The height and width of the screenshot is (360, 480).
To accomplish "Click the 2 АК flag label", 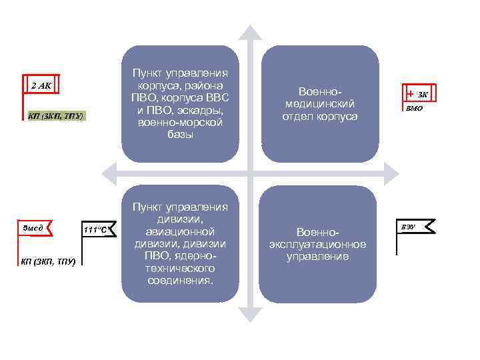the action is click(x=41, y=85).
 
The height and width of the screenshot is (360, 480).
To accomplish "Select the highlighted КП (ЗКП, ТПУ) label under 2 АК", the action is click(x=56, y=116).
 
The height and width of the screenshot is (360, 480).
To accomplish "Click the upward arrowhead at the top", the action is click(x=250, y=33).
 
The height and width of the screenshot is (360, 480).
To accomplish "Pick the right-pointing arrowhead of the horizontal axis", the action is click(x=394, y=175).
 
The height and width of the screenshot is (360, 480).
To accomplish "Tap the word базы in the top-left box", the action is click(x=181, y=135).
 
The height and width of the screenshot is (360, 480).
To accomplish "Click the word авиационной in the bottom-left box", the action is click(x=181, y=231).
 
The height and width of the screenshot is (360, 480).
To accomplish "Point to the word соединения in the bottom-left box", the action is click(x=181, y=280).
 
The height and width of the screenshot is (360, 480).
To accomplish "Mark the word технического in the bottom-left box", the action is click(x=181, y=268).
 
